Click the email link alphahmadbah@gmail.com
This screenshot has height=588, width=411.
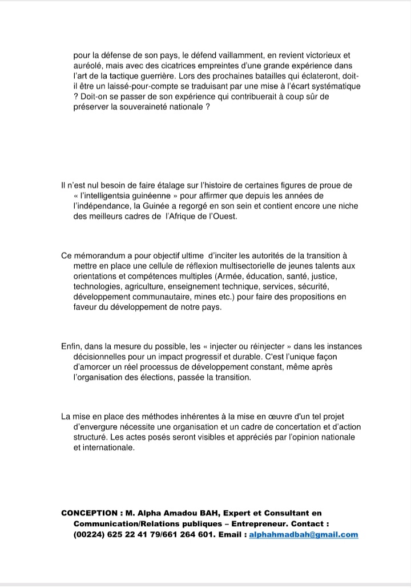[x=304, y=534]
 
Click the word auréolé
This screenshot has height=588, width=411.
[x=88, y=66]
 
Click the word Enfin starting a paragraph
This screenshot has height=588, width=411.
[x=71, y=346]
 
